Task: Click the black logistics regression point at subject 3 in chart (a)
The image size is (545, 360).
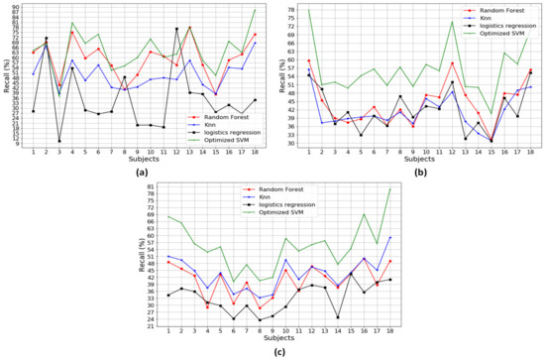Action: (59, 141)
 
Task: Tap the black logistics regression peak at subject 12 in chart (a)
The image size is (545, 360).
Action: (176, 29)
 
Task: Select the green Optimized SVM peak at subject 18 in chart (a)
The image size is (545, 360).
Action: (255, 10)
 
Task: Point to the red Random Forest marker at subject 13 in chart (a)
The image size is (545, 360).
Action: (189, 28)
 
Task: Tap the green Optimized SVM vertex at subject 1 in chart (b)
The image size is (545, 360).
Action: (308, 10)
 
